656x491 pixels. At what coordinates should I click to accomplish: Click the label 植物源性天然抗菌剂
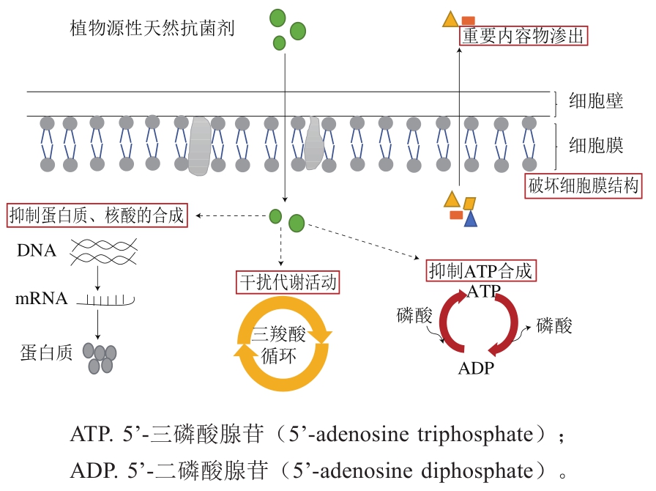pyautogui.click(x=152, y=29)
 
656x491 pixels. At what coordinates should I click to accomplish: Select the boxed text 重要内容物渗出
pyautogui.click(x=523, y=37)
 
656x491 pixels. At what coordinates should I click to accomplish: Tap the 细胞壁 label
pyautogui.click(x=596, y=101)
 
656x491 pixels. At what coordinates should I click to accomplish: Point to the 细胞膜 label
pyautogui.click(x=596, y=145)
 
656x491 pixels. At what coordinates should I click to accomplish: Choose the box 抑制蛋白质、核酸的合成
pyautogui.click(x=95, y=215)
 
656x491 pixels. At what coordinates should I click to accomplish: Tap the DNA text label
pyautogui.click(x=37, y=251)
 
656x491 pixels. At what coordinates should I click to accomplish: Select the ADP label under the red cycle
pyautogui.click(x=476, y=368)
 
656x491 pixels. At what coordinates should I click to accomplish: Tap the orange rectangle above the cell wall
pyautogui.click(x=468, y=21)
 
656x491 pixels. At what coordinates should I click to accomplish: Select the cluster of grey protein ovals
pyautogui.click(x=100, y=357)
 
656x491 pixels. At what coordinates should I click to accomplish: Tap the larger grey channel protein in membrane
pyautogui.click(x=200, y=147)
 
